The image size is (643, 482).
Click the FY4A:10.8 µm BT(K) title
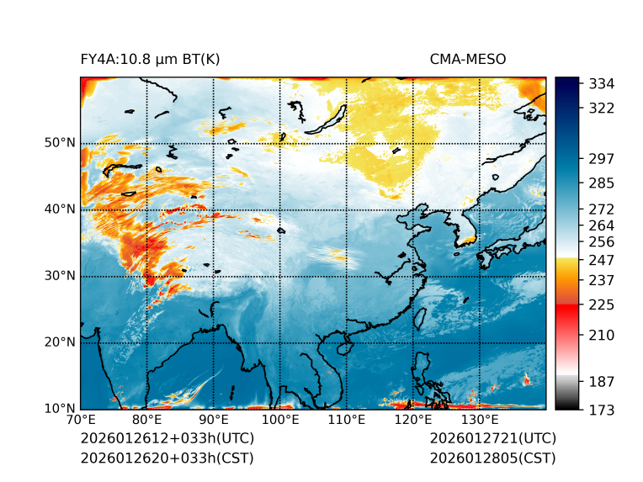tap(150, 59)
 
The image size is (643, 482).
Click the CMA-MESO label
tap(467, 59)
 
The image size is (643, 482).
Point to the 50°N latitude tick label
tap(60, 143)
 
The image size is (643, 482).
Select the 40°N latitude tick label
tap(60, 209)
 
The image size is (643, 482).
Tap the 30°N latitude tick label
tap(60, 276)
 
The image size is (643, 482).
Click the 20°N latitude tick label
tap(60, 342)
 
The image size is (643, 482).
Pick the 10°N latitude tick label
tap(60, 409)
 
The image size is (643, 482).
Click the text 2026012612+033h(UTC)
tap(167, 438)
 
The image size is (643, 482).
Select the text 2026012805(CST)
tap(492, 458)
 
